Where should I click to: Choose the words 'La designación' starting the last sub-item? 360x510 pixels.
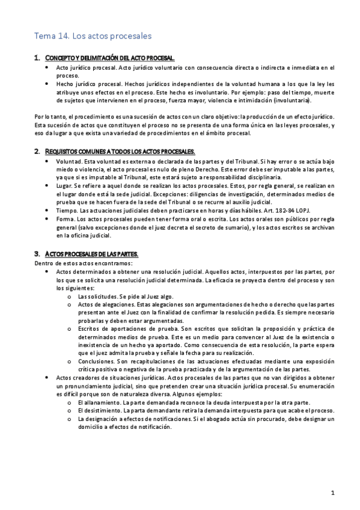99,418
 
